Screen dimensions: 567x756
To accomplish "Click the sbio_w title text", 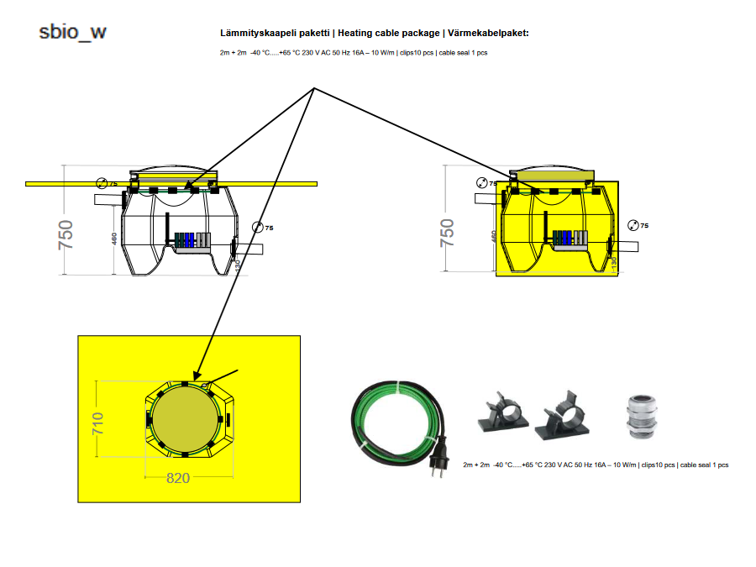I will coord(73,32).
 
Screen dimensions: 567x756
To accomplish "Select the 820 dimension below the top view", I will coord(177,478).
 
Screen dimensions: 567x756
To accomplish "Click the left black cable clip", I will coord(500,415).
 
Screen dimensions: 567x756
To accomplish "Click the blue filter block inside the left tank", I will coord(190,239).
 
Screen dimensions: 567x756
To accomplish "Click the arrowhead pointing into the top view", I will coord(196,376).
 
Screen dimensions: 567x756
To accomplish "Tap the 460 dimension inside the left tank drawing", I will coord(115,239).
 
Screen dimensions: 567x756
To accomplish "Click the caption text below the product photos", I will coord(596,465).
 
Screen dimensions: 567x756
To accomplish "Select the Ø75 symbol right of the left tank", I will coord(263,228).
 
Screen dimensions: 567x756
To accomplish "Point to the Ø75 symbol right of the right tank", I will coord(638,225).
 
